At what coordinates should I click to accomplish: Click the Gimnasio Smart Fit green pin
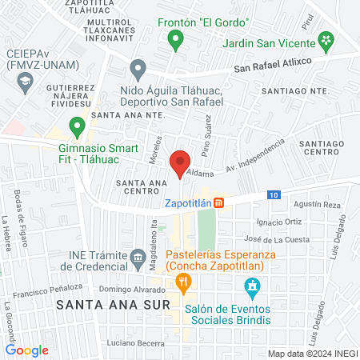tap(77, 126)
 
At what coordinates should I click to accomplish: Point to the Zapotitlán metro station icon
tap(219, 203)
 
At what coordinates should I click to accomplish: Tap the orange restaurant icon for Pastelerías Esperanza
tap(183, 281)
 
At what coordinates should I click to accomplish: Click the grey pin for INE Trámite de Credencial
tap(138, 257)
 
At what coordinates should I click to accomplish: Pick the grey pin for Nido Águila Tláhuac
tap(138, 68)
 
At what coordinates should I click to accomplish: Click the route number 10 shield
tap(274, 195)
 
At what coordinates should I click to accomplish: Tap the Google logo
tap(27, 350)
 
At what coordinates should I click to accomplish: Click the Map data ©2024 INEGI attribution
tap(311, 353)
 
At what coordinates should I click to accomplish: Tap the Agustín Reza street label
tap(318, 206)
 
